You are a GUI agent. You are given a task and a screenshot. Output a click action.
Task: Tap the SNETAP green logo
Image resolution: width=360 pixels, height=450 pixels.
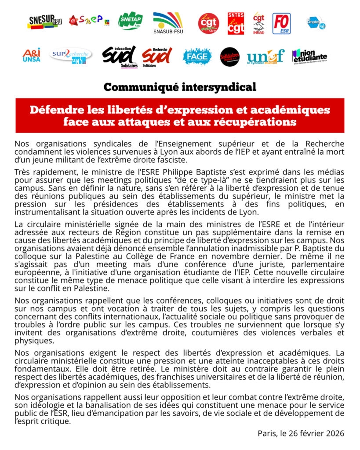pos(131,21)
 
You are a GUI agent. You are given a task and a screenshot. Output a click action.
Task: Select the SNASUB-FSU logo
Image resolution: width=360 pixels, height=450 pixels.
pos(167,22)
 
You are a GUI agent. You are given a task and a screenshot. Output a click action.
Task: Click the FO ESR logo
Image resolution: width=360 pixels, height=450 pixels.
pos(281,23)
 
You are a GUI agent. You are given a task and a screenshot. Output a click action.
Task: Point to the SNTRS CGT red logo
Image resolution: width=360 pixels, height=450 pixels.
pos(236,23)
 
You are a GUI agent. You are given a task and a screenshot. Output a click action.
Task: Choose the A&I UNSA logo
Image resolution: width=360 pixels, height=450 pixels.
pos(31,55)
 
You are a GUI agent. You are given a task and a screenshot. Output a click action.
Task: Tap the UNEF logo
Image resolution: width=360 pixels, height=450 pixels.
pos(265,56)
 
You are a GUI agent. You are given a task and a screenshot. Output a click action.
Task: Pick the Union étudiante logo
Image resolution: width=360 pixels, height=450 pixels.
pos(309,56)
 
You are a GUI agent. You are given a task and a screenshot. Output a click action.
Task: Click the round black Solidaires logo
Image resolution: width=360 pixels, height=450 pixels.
pos(230,57)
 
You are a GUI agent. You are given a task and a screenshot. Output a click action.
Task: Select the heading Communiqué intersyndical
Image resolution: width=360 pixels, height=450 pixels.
pos(180,87)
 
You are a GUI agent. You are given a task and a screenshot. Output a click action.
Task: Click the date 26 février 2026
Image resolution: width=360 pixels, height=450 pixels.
pos(315,433)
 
